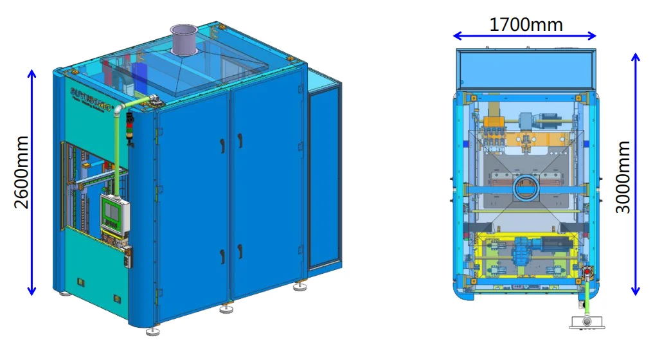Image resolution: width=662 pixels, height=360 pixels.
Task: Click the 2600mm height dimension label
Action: click(22, 172)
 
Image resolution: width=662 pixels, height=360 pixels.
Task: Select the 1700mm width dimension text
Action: click(526, 24)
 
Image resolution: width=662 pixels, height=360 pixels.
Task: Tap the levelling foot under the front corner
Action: click(152, 331)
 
